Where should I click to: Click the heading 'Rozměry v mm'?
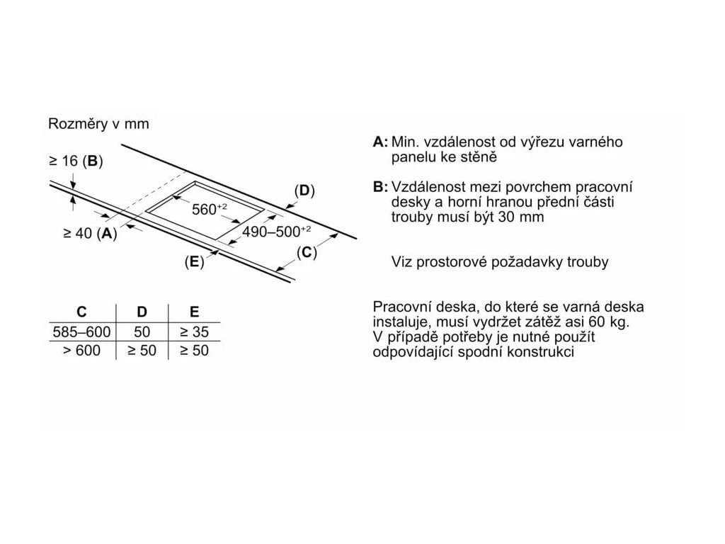pyautogui.click(x=98, y=124)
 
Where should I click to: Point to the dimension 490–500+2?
pyautogui.click(x=277, y=231)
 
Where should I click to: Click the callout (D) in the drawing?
pyautogui.click(x=304, y=191)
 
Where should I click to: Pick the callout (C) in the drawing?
pyautogui.click(x=305, y=252)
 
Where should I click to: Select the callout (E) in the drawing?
pyautogui.click(x=194, y=261)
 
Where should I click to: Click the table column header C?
pyautogui.click(x=81, y=311)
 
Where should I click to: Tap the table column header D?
pyautogui.click(x=142, y=311)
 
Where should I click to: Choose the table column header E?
pyautogui.click(x=194, y=311)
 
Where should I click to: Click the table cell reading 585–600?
pyautogui.click(x=81, y=331)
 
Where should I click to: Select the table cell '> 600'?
pyautogui.click(x=81, y=350)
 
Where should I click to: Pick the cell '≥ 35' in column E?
pyautogui.click(x=194, y=331)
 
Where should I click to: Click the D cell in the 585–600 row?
pyautogui.click(x=142, y=331)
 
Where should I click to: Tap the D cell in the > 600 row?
pyautogui.click(x=142, y=350)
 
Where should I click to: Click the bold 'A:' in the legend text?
pyautogui.click(x=381, y=142)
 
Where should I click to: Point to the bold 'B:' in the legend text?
pyautogui.click(x=381, y=187)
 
